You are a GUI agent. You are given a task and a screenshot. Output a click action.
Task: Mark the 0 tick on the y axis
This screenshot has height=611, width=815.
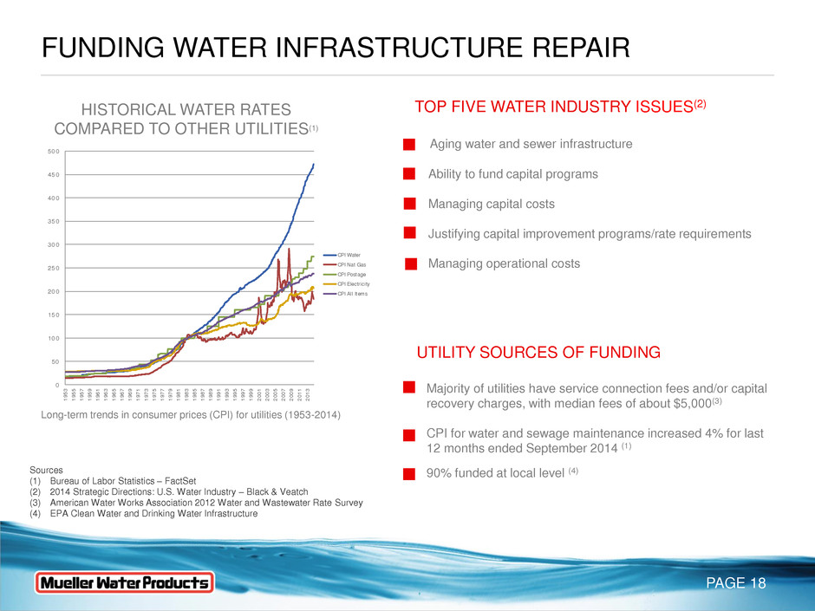pyautogui.click(x=56, y=385)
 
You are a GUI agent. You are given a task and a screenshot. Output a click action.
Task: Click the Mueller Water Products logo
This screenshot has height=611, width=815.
pyautogui.click(x=123, y=582)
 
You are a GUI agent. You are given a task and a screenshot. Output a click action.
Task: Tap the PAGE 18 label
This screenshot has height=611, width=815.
pyautogui.click(x=734, y=583)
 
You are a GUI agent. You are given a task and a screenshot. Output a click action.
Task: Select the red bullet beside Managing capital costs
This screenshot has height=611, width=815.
pyautogui.click(x=410, y=205)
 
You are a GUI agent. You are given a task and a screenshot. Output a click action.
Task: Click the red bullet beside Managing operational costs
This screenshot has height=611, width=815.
pyautogui.click(x=410, y=263)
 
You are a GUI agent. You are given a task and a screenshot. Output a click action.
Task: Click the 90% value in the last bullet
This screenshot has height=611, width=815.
pyautogui.click(x=442, y=473)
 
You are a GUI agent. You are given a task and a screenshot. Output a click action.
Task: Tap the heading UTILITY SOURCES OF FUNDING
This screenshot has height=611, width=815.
pyautogui.click(x=538, y=353)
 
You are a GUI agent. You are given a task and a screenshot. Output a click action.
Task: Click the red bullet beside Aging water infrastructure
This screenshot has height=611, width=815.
pyautogui.click(x=410, y=144)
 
